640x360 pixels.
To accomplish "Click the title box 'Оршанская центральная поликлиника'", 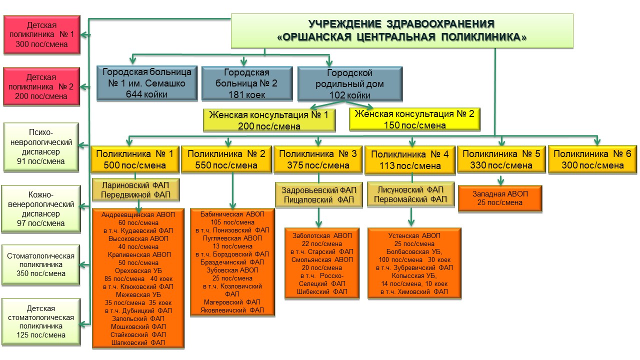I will point(401,30).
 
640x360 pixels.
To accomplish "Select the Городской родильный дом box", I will point(349,83).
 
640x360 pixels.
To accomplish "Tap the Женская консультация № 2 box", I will point(414,119).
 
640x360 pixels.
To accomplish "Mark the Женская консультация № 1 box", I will point(269,120).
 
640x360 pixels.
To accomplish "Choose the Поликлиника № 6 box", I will point(592,159).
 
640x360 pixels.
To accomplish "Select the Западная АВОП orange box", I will point(499,198).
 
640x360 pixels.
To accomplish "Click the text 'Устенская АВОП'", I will point(414,235).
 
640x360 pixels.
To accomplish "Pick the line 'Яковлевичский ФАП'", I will point(232,310).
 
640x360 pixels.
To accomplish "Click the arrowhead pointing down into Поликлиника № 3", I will point(319,141).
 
